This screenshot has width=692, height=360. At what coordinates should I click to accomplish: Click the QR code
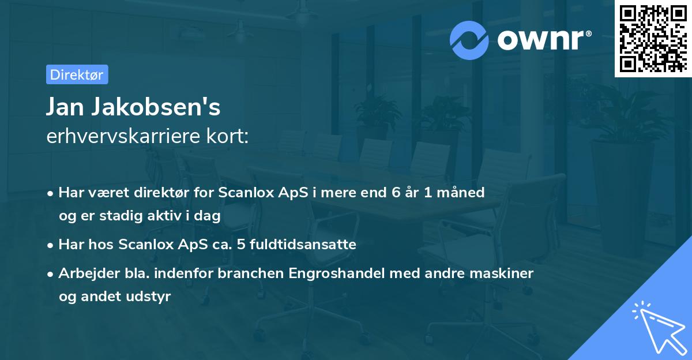[653, 38]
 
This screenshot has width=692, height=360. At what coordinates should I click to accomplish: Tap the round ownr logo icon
[470, 40]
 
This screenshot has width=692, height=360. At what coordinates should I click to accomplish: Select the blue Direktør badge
[77, 74]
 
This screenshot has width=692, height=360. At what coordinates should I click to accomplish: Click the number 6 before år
[397, 193]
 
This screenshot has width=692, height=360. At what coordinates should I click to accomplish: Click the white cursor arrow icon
[657, 328]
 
